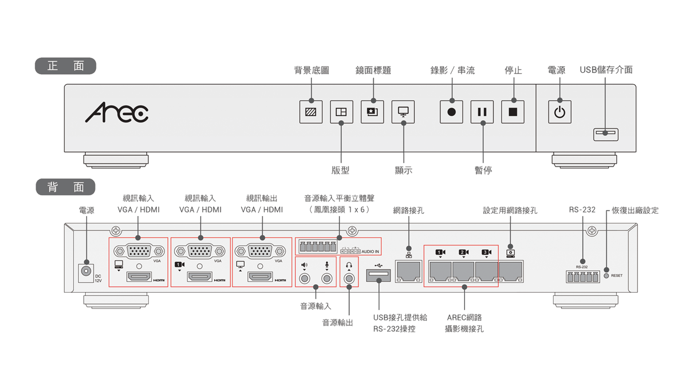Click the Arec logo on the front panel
click(x=117, y=112)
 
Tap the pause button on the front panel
click(x=482, y=112)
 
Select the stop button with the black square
click(x=513, y=112)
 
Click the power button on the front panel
click(x=559, y=112)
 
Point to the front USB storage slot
click(x=606, y=134)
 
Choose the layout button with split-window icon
click(x=341, y=112)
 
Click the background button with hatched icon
click(x=311, y=112)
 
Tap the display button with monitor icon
click(x=403, y=112)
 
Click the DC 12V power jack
click(x=86, y=272)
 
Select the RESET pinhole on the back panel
click(x=606, y=276)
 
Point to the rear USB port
click(x=379, y=275)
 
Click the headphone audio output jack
click(x=349, y=278)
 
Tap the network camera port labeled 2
click(x=463, y=272)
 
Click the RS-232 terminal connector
click(x=583, y=277)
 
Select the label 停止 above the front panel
click(x=513, y=70)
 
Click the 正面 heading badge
click(x=65, y=66)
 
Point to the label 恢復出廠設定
click(x=635, y=210)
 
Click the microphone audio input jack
click(x=327, y=278)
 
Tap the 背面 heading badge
click(x=65, y=187)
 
